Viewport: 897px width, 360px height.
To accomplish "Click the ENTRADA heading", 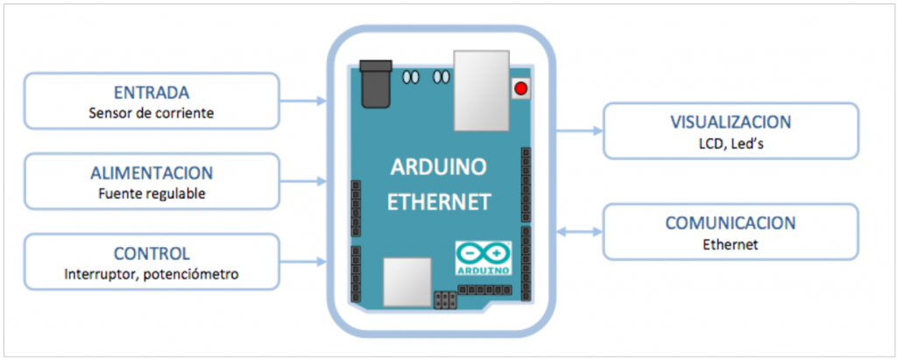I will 152,93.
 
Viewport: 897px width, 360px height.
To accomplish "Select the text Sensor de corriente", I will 152,113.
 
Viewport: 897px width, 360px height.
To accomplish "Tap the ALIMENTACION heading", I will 152,173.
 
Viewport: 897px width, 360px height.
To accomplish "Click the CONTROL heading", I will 152,253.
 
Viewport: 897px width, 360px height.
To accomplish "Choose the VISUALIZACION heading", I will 729,122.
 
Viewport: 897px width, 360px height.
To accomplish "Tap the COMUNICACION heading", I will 729,223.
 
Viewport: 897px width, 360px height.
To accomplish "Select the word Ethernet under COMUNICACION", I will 729,244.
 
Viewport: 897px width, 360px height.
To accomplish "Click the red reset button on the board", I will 521,88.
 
